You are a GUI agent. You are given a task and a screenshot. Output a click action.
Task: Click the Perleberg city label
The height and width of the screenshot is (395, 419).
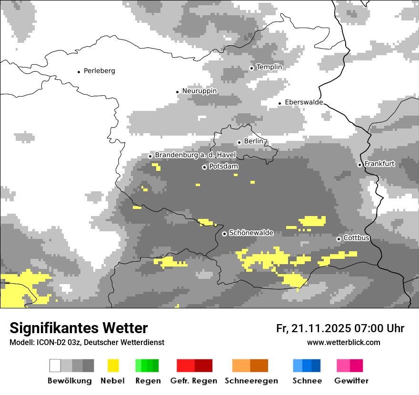(99, 71)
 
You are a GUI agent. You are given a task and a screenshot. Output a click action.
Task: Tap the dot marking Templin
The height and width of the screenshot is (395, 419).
(251, 68)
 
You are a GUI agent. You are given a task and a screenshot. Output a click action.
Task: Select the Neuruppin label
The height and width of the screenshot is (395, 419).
(200, 91)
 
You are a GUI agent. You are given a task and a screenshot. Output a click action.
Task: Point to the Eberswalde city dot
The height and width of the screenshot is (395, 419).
(280, 103)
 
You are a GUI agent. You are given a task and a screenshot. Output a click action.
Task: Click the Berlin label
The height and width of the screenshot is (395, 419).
(254, 141)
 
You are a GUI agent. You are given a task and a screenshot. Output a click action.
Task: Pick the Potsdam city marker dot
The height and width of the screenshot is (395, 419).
(204, 167)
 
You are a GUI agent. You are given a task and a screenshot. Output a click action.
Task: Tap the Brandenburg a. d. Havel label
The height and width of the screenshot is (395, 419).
(195, 155)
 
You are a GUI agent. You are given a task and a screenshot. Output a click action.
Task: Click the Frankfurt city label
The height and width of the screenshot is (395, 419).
(379, 164)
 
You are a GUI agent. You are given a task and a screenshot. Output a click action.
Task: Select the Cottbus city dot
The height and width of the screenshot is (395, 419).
(339, 239)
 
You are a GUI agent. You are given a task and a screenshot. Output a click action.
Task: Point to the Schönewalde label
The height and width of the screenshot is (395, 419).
(251, 233)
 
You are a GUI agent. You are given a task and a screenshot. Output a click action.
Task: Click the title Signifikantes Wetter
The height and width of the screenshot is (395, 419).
(79, 328)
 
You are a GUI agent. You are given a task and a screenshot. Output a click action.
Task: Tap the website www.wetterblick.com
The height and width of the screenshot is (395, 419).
(343, 342)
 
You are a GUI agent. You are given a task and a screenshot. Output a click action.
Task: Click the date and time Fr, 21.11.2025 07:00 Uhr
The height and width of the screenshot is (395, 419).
(340, 328)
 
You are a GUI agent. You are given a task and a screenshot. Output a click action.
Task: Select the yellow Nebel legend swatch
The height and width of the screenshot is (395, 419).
(113, 365)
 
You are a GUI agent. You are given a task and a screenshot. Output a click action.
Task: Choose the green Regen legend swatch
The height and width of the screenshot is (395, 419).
(147, 365)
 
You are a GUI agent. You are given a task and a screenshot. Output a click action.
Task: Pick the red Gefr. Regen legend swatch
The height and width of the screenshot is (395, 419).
(194, 365)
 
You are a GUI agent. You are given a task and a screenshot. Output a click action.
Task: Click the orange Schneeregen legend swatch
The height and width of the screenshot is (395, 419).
(250, 365)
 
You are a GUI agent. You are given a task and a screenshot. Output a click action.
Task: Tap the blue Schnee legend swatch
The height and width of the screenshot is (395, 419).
(306, 365)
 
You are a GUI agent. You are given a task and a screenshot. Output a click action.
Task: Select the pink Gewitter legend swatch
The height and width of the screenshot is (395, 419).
(350, 365)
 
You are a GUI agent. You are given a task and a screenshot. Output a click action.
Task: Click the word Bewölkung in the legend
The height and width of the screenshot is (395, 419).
(70, 381)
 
